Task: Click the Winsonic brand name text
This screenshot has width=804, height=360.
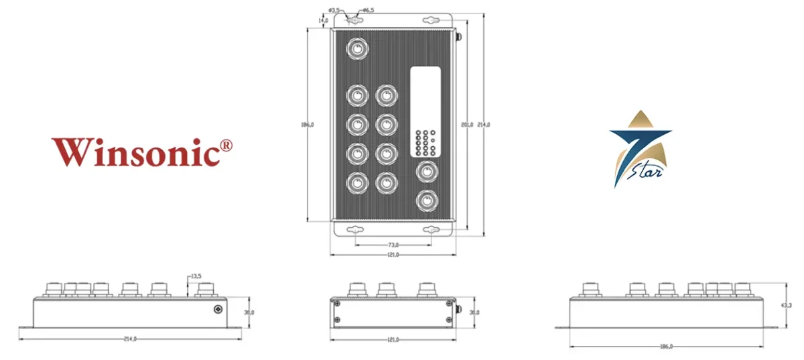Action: [x=135, y=152]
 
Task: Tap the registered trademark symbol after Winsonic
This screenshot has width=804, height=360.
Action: [x=226, y=145]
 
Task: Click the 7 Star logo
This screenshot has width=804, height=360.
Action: [x=640, y=149]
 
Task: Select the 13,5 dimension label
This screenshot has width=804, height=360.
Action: [x=196, y=276]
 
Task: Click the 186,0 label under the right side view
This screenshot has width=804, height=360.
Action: [x=666, y=347]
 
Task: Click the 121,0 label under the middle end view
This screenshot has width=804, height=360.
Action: [x=393, y=339]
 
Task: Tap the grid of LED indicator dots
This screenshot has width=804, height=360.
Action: [x=425, y=143]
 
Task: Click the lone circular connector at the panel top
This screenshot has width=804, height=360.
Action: [x=356, y=48]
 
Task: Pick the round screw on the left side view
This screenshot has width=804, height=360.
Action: [x=218, y=309]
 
